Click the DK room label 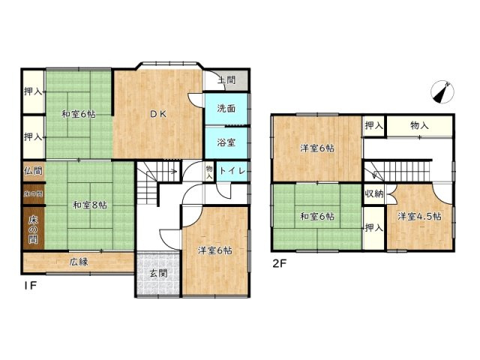[x=157, y=115]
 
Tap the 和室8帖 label [x=90, y=204]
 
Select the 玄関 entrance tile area [x=159, y=273]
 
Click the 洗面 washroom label [x=227, y=108]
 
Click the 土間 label [x=226, y=79]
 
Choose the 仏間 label [x=33, y=171]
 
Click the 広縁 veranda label [x=79, y=262]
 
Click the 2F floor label [x=279, y=263]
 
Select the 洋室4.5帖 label [x=419, y=217]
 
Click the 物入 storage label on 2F [x=419, y=125]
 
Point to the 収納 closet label [x=374, y=193]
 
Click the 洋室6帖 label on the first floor [x=215, y=250]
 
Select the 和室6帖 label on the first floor [x=78, y=114]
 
